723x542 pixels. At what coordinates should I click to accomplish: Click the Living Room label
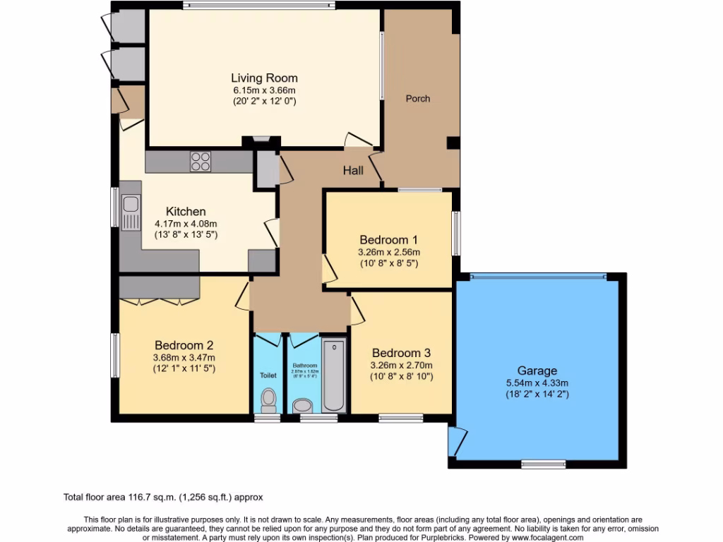coord(265,78)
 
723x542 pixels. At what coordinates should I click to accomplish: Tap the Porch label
coord(417,99)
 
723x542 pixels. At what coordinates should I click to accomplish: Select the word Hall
coord(353,170)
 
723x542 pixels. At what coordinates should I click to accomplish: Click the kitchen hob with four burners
coord(201,162)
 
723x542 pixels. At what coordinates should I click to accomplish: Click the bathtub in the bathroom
coord(333,375)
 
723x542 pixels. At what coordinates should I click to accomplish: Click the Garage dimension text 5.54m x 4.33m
coord(537,383)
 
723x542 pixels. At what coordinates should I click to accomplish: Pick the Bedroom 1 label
coord(388,239)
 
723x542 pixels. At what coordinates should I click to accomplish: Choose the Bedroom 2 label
coord(184,345)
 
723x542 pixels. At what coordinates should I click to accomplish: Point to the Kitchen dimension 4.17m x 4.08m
coord(186,223)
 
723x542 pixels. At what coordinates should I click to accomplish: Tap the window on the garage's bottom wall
coord(543,464)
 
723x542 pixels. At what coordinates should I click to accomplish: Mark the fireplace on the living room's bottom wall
coord(261,140)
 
